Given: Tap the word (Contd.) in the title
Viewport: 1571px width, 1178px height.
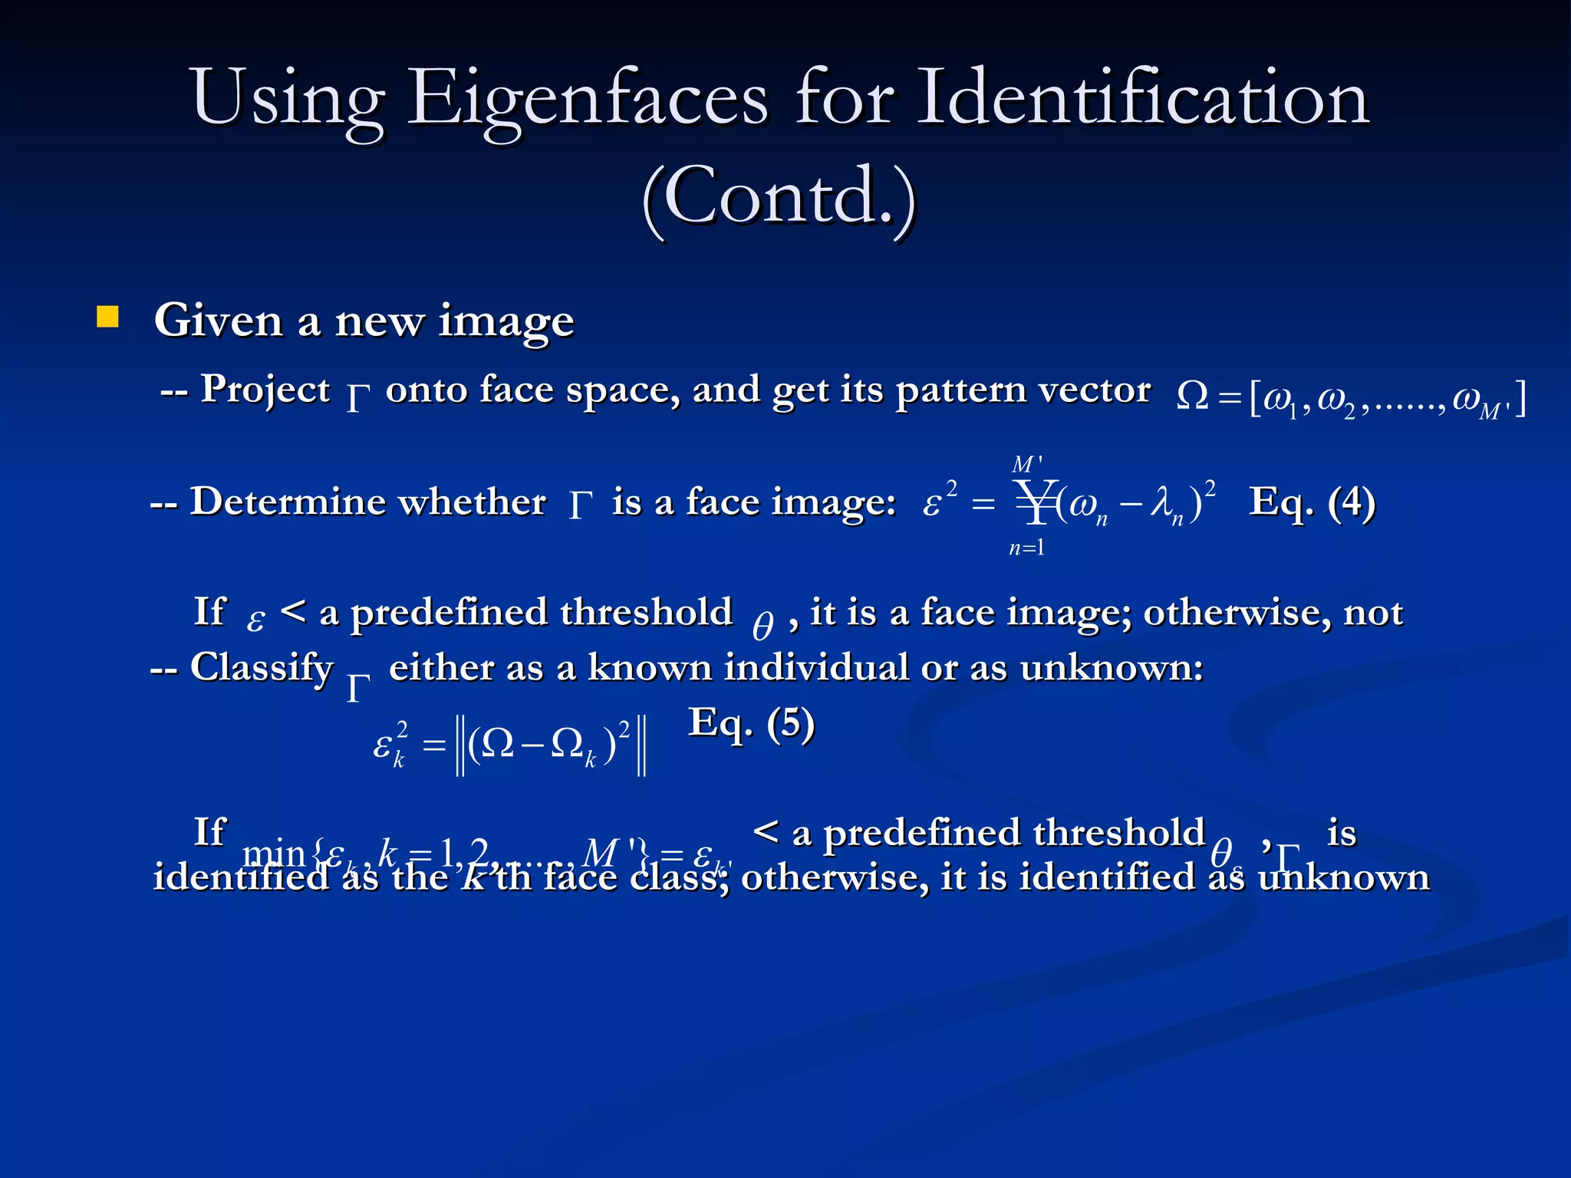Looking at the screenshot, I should (x=779, y=198).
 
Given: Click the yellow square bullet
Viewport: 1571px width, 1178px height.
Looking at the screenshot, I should (x=107, y=317).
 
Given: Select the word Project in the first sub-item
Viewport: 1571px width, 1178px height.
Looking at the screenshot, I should (x=265, y=390).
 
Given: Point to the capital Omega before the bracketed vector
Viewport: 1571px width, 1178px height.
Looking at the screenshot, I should (x=1192, y=397).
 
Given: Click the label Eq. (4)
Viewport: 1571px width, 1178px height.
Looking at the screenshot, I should (x=1312, y=502).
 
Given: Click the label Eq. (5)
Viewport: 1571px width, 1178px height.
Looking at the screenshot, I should (x=751, y=723).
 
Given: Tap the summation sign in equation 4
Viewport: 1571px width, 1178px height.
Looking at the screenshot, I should (x=1036, y=502).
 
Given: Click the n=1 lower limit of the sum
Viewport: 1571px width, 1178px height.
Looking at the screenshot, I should (x=1026, y=548).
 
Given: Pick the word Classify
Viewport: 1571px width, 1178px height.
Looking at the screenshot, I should (x=262, y=667).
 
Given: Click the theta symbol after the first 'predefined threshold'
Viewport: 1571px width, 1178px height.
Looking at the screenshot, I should (x=762, y=625).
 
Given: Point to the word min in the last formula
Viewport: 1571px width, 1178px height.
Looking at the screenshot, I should (x=274, y=853).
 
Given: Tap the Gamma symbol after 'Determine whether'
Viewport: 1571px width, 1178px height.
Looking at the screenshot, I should (x=581, y=506).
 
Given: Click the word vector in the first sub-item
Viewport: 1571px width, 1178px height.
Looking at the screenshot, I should (x=1100, y=390).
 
